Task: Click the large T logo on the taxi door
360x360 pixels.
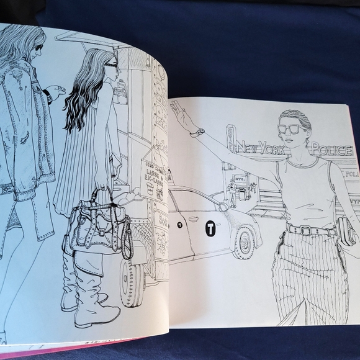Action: pyautogui.click(x=210, y=228)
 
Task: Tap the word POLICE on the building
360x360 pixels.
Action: pyautogui.click(x=331, y=150)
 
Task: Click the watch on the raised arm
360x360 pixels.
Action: pyautogui.click(x=197, y=132)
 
